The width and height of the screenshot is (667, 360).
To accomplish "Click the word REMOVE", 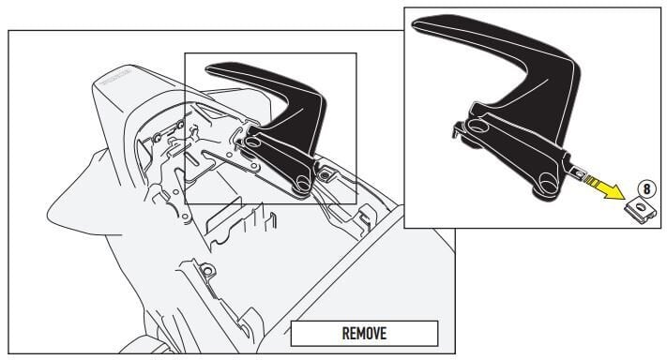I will click(x=363, y=333).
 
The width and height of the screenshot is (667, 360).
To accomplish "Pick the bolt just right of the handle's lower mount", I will click(x=325, y=172).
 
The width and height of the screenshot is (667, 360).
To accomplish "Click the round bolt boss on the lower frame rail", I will click(x=208, y=272).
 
